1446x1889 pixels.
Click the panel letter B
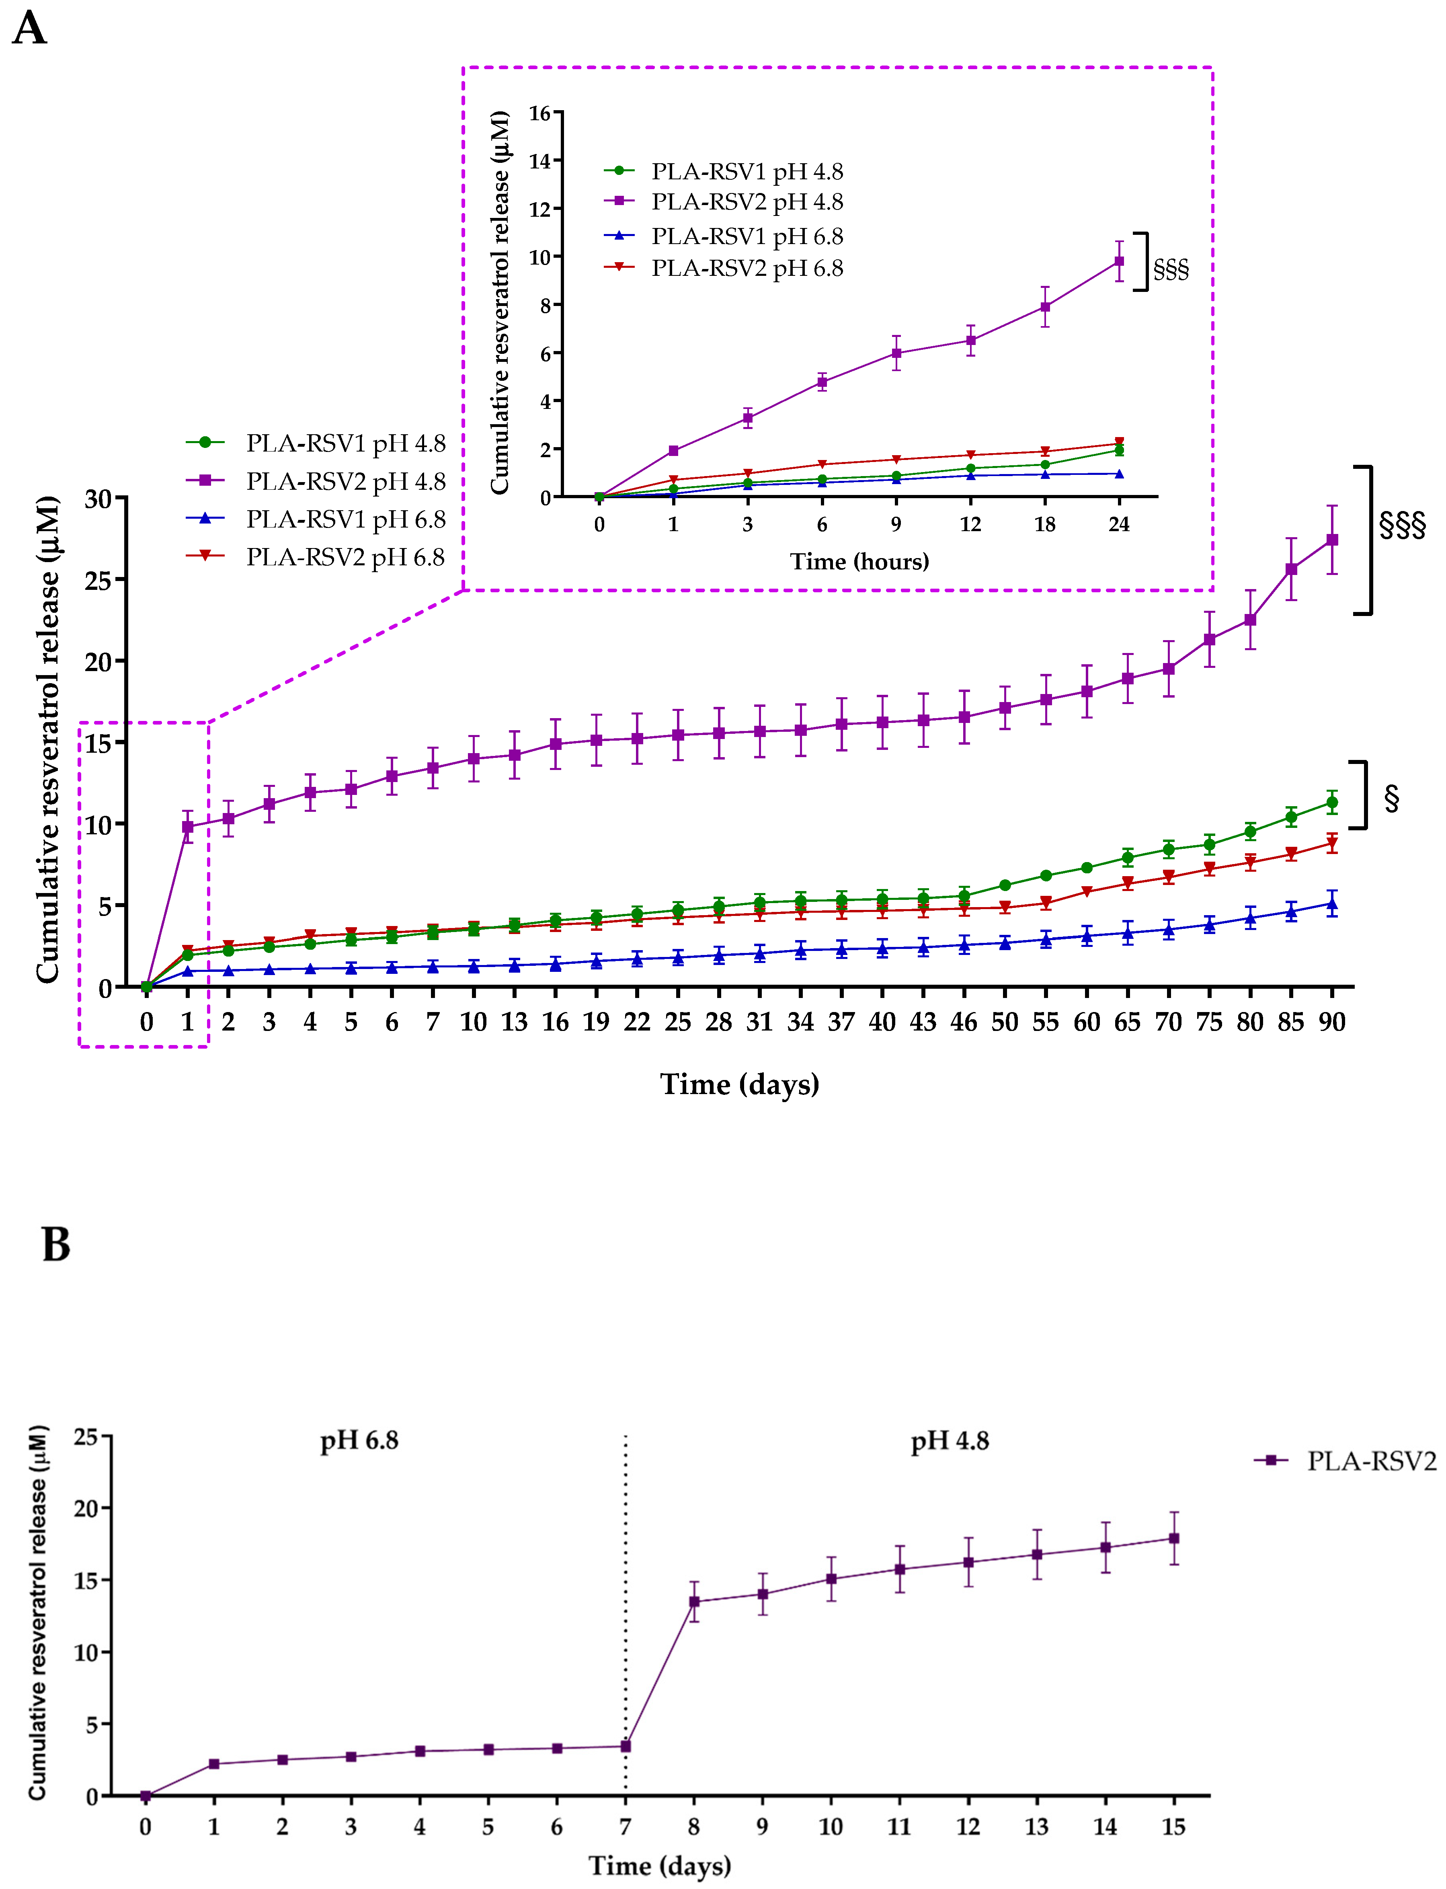click(x=56, y=1245)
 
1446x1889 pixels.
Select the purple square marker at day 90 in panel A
click(x=1331, y=540)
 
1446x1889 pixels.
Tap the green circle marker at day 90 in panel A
click(x=1331, y=803)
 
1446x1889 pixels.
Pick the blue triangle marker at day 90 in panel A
click(x=1331, y=903)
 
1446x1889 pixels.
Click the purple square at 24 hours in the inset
click(x=1119, y=261)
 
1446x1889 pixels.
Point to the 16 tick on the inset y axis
click(x=539, y=113)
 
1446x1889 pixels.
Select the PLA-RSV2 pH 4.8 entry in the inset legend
click(x=746, y=201)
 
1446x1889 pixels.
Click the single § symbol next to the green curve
click(x=1391, y=798)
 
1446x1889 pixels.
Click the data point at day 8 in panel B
click(x=694, y=1602)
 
